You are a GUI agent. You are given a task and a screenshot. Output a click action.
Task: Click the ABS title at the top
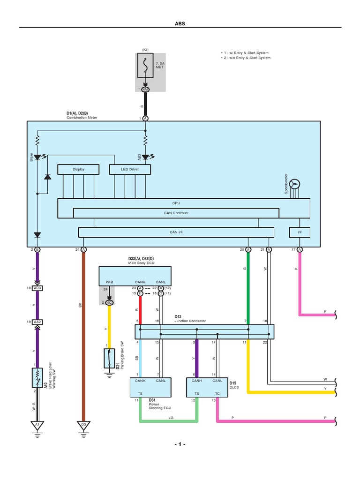pos(180,23)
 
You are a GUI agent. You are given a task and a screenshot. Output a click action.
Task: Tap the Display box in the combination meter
pos(78,169)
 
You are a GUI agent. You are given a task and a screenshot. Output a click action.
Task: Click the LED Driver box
pos(130,169)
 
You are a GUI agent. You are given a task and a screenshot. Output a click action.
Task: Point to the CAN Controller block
pos(176,213)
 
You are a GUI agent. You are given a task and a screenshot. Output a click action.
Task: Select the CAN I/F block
pos(176,232)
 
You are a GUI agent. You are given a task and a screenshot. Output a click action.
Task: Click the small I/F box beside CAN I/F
pos(300,232)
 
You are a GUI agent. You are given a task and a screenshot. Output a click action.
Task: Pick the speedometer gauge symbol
pos(294,184)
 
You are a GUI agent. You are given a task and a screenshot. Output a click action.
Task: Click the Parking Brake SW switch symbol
pos(109,358)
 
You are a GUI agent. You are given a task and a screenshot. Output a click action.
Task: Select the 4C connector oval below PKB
pos(109,302)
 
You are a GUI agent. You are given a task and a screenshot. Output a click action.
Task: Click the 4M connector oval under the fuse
pos(145,89)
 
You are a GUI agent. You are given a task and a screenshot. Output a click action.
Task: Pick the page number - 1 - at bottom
pos(180,444)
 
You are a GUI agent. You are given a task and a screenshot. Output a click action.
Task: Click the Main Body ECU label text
pos(141,263)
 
